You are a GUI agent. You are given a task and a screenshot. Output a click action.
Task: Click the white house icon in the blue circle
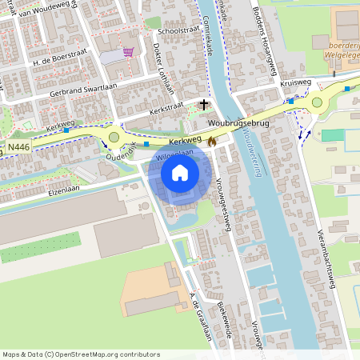pos(180,172)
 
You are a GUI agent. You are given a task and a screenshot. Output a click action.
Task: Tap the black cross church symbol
pos(204,104)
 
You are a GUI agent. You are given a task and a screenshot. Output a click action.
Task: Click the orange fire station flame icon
pos(211,140)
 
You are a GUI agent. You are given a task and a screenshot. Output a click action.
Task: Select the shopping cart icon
pos(128,53)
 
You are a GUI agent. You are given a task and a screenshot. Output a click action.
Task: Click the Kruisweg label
pos(295,82)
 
